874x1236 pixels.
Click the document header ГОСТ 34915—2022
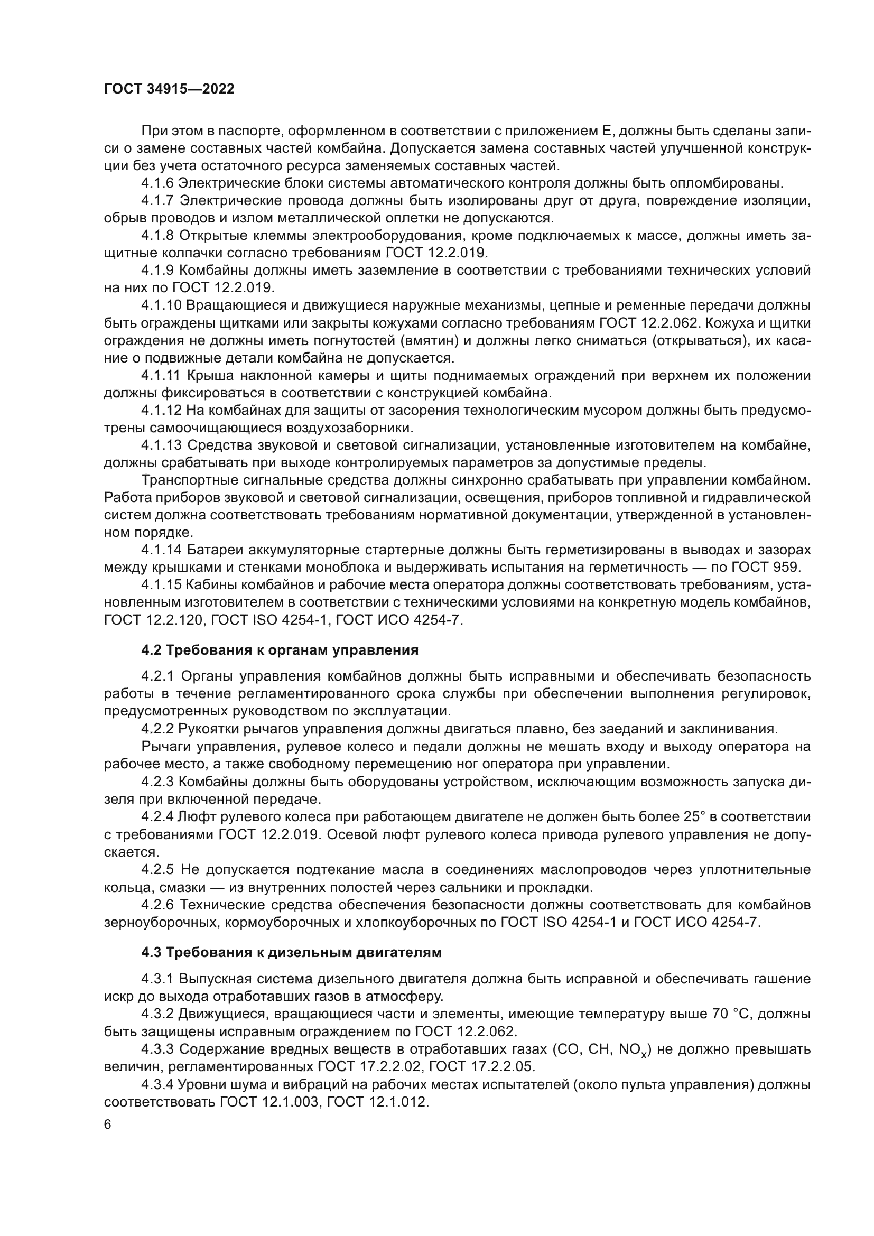[169, 89]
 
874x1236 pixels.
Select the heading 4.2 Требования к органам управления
[280, 650]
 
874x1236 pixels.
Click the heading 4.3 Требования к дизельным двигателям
[291, 952]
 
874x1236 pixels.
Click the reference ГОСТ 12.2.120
[153, 620]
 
